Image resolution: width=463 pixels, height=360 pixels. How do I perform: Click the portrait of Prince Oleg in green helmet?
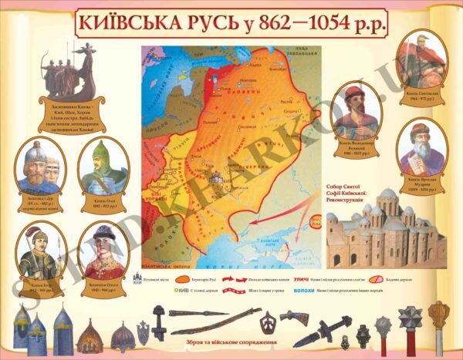coord(102,168)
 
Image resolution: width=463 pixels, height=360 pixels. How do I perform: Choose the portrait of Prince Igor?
coord(38,251)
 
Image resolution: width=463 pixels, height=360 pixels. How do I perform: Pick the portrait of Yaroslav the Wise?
coord(422,150)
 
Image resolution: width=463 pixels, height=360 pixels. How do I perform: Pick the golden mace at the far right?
coord(438,320)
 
